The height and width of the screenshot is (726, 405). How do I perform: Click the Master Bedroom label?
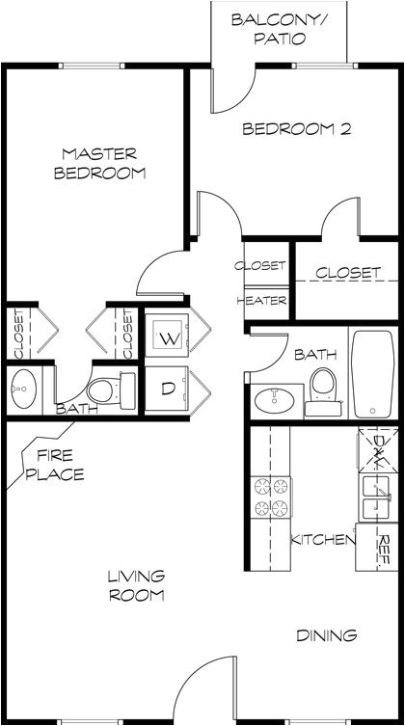[100, 164]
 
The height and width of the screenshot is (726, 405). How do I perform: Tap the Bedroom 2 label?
[294, 128]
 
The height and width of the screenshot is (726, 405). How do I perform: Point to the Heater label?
[261, 301]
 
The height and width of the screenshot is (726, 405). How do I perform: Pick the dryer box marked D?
[168, 390]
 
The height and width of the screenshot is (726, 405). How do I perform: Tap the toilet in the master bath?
[110, 390]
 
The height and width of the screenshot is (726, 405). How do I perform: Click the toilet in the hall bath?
[323, 387]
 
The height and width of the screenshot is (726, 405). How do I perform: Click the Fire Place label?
[60, 465]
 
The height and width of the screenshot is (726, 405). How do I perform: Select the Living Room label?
[136, 586]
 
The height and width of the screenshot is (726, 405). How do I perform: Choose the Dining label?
[326, 636]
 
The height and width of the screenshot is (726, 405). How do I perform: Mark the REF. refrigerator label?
[384, 549]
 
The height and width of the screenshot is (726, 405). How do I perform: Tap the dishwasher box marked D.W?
[377, 448]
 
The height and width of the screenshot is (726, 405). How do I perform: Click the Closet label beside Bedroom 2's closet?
[347, 273]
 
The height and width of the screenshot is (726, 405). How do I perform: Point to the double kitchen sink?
[376, 497]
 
